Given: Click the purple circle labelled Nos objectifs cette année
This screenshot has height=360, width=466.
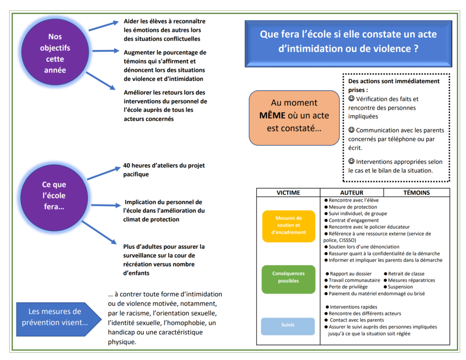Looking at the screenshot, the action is coord(55,52).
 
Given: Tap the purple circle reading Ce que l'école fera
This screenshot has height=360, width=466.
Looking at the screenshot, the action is coord(54,198).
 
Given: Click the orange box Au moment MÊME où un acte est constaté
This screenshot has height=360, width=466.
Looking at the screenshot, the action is coord(294,118).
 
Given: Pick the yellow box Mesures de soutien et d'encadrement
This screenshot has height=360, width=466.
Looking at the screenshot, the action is coord(289,226).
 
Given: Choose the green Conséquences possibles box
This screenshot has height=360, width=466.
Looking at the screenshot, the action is coord(288,279).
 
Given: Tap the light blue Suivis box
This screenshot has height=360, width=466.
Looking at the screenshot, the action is coord(288,326).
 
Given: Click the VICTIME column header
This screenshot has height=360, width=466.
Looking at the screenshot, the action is coord(288,193).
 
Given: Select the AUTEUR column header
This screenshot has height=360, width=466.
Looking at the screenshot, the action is coord(352,193).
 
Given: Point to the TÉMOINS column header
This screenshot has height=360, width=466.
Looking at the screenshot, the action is coord(416,193).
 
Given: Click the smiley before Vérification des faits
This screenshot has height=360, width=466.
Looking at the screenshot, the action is coord(351,98).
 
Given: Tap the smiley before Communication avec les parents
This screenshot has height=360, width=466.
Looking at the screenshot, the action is coord(351,130).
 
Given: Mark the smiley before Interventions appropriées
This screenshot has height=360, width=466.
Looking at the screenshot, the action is coord(351,161).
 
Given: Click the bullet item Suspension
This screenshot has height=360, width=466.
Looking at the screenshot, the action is coord(398,287).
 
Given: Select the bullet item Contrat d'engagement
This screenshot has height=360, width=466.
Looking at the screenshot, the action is coord(352,220).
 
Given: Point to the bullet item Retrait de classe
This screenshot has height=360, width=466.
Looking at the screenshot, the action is coord(404,274).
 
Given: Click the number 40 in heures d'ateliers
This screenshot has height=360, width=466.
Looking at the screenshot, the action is coord(127,165).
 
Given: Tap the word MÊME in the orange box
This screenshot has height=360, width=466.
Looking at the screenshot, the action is coord(272,115).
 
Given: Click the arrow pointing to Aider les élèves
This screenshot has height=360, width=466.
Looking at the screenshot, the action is coord(104,25).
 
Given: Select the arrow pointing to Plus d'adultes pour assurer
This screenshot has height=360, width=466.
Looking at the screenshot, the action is coord(99,233).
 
